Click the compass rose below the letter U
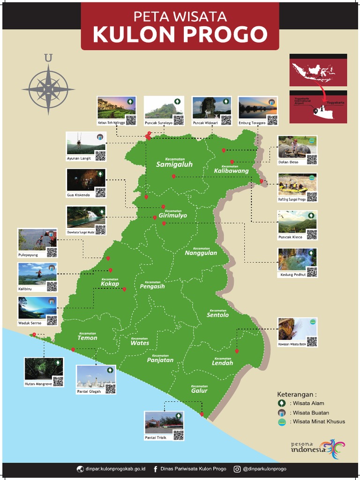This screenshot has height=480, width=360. (48, 88)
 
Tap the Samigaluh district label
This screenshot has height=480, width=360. (174, 164)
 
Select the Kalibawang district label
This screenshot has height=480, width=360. (231, 171)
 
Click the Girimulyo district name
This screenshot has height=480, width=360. (172, 216)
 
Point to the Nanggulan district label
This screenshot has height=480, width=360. (201, 253)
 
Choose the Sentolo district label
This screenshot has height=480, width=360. (217, 315)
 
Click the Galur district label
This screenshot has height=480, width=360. (199, 390)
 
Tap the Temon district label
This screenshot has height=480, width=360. (87, 337)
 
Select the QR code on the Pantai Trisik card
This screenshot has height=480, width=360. (178, 435)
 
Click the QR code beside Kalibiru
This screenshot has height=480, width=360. (52, 286)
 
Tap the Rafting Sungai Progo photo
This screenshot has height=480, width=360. (293, 184)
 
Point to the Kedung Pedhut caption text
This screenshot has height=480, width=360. (293, 275)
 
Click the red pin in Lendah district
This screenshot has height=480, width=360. (237, 351)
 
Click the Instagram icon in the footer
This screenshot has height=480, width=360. (237, 469)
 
